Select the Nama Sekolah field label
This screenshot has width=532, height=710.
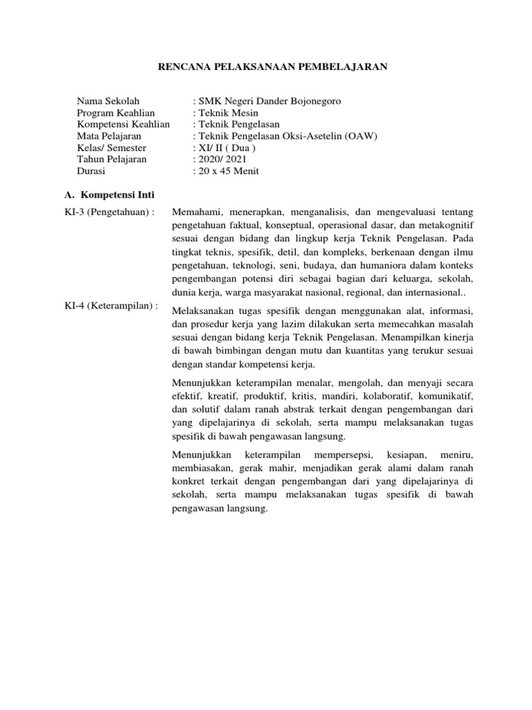click(109, 101)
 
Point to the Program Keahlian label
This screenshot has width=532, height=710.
click(116, 113)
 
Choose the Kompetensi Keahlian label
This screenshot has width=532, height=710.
click(123, 124)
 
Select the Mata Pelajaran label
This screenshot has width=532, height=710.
click(109, 136)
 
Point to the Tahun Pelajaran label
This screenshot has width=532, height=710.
click(112, 159)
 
